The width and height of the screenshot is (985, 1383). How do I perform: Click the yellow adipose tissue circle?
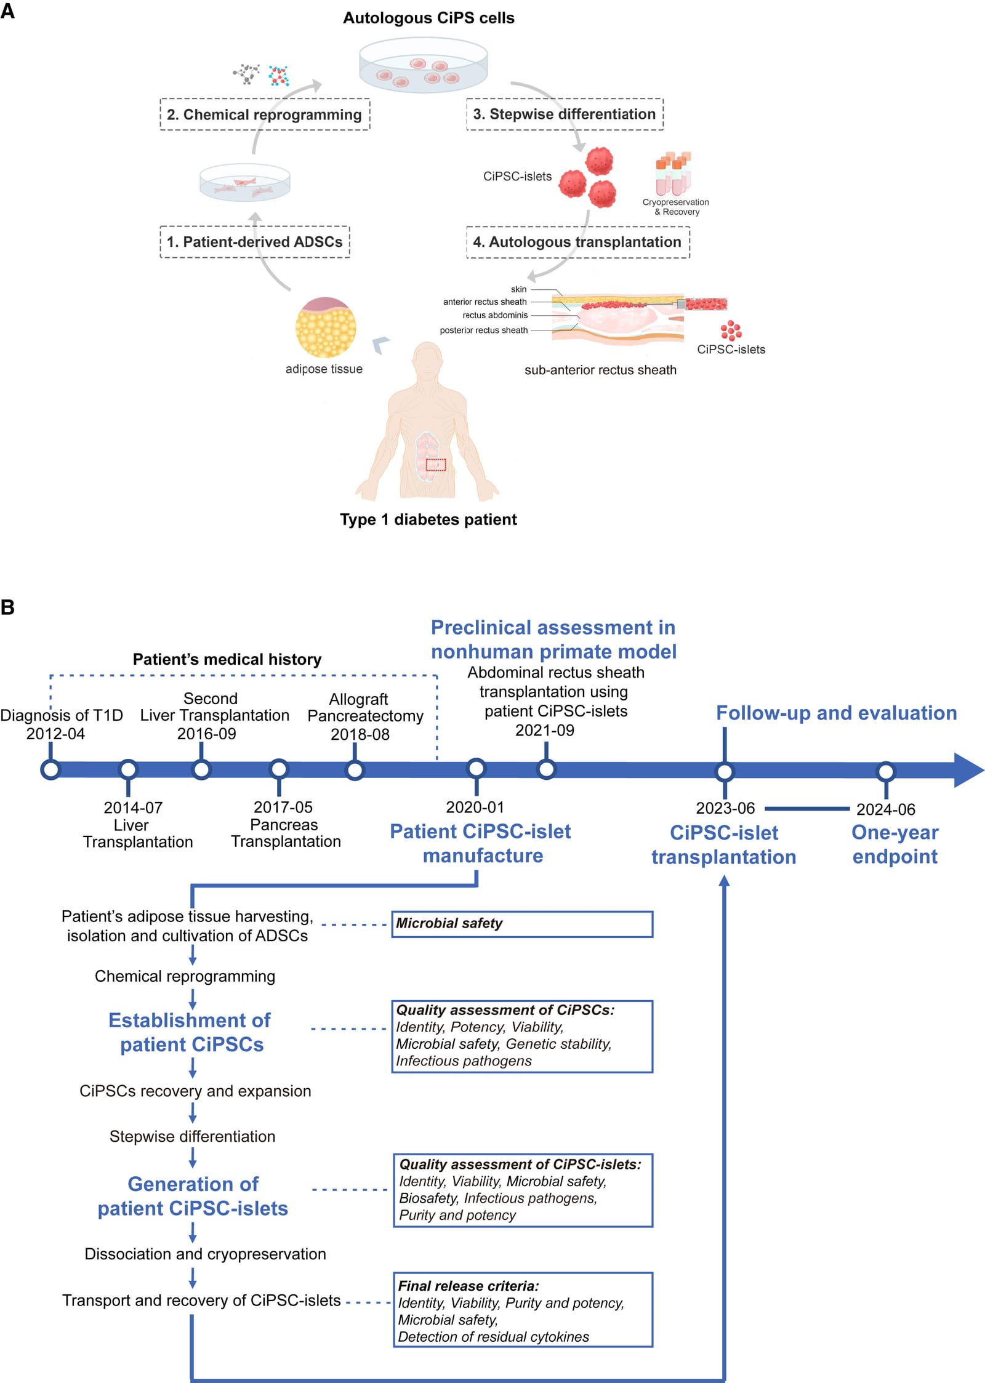tap(326, 327)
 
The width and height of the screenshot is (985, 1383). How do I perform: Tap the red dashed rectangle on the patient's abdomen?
tap(436, 465)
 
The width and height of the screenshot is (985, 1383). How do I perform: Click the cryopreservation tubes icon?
tap(673, 173)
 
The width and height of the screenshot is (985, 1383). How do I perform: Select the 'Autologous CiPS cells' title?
tap(428, 18)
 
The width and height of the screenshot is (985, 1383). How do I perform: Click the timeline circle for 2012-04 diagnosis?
tap(50, 769)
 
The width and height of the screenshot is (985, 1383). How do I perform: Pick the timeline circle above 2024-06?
tap(885, 771)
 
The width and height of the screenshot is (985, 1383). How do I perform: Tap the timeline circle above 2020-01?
tap(476, 768)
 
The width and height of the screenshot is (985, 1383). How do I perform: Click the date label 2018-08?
tap(360, 734)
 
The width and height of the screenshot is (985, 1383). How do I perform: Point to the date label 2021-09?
tap(545, 731)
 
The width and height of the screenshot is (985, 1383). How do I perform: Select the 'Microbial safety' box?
tap(522, 924)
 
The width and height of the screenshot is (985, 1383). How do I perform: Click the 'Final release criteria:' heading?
tap(468, 1286)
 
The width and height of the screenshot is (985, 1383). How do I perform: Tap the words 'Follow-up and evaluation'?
tap(837, 713)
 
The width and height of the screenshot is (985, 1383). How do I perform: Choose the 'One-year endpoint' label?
tap(895, 844)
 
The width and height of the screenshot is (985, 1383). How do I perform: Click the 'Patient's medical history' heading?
tap(227, 659)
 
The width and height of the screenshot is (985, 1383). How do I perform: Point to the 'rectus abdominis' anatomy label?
tap(495, 315)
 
